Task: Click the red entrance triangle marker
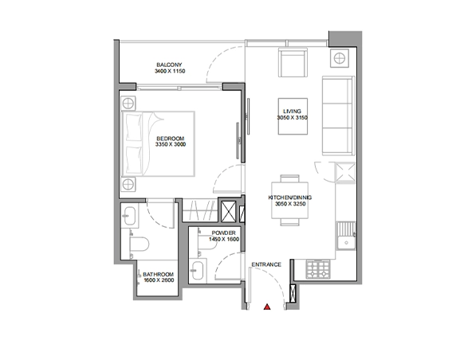tap(267, 307)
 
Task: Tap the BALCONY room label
tap(169, 65)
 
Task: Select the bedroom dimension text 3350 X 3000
tap(171, 144)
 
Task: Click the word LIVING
tap(293, 112)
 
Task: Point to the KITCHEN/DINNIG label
tap(290, 198)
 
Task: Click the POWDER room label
tap(224, 233)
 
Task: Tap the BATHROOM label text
tap(158, 274)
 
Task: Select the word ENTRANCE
tap(266, 264)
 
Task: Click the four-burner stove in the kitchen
tap(318, 269)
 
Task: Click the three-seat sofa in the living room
tap(339, 115)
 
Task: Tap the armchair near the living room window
tap(293, 62)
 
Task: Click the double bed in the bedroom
tap(158, 144)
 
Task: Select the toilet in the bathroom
tap(140, 244)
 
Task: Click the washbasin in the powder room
tap(198, 271)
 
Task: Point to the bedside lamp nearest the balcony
tap(128, 104)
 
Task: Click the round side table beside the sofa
tap(340, 58)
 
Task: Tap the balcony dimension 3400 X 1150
tap(170, 71)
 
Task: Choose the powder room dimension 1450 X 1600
tap(224, 240)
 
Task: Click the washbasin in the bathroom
tap(130, 216)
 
